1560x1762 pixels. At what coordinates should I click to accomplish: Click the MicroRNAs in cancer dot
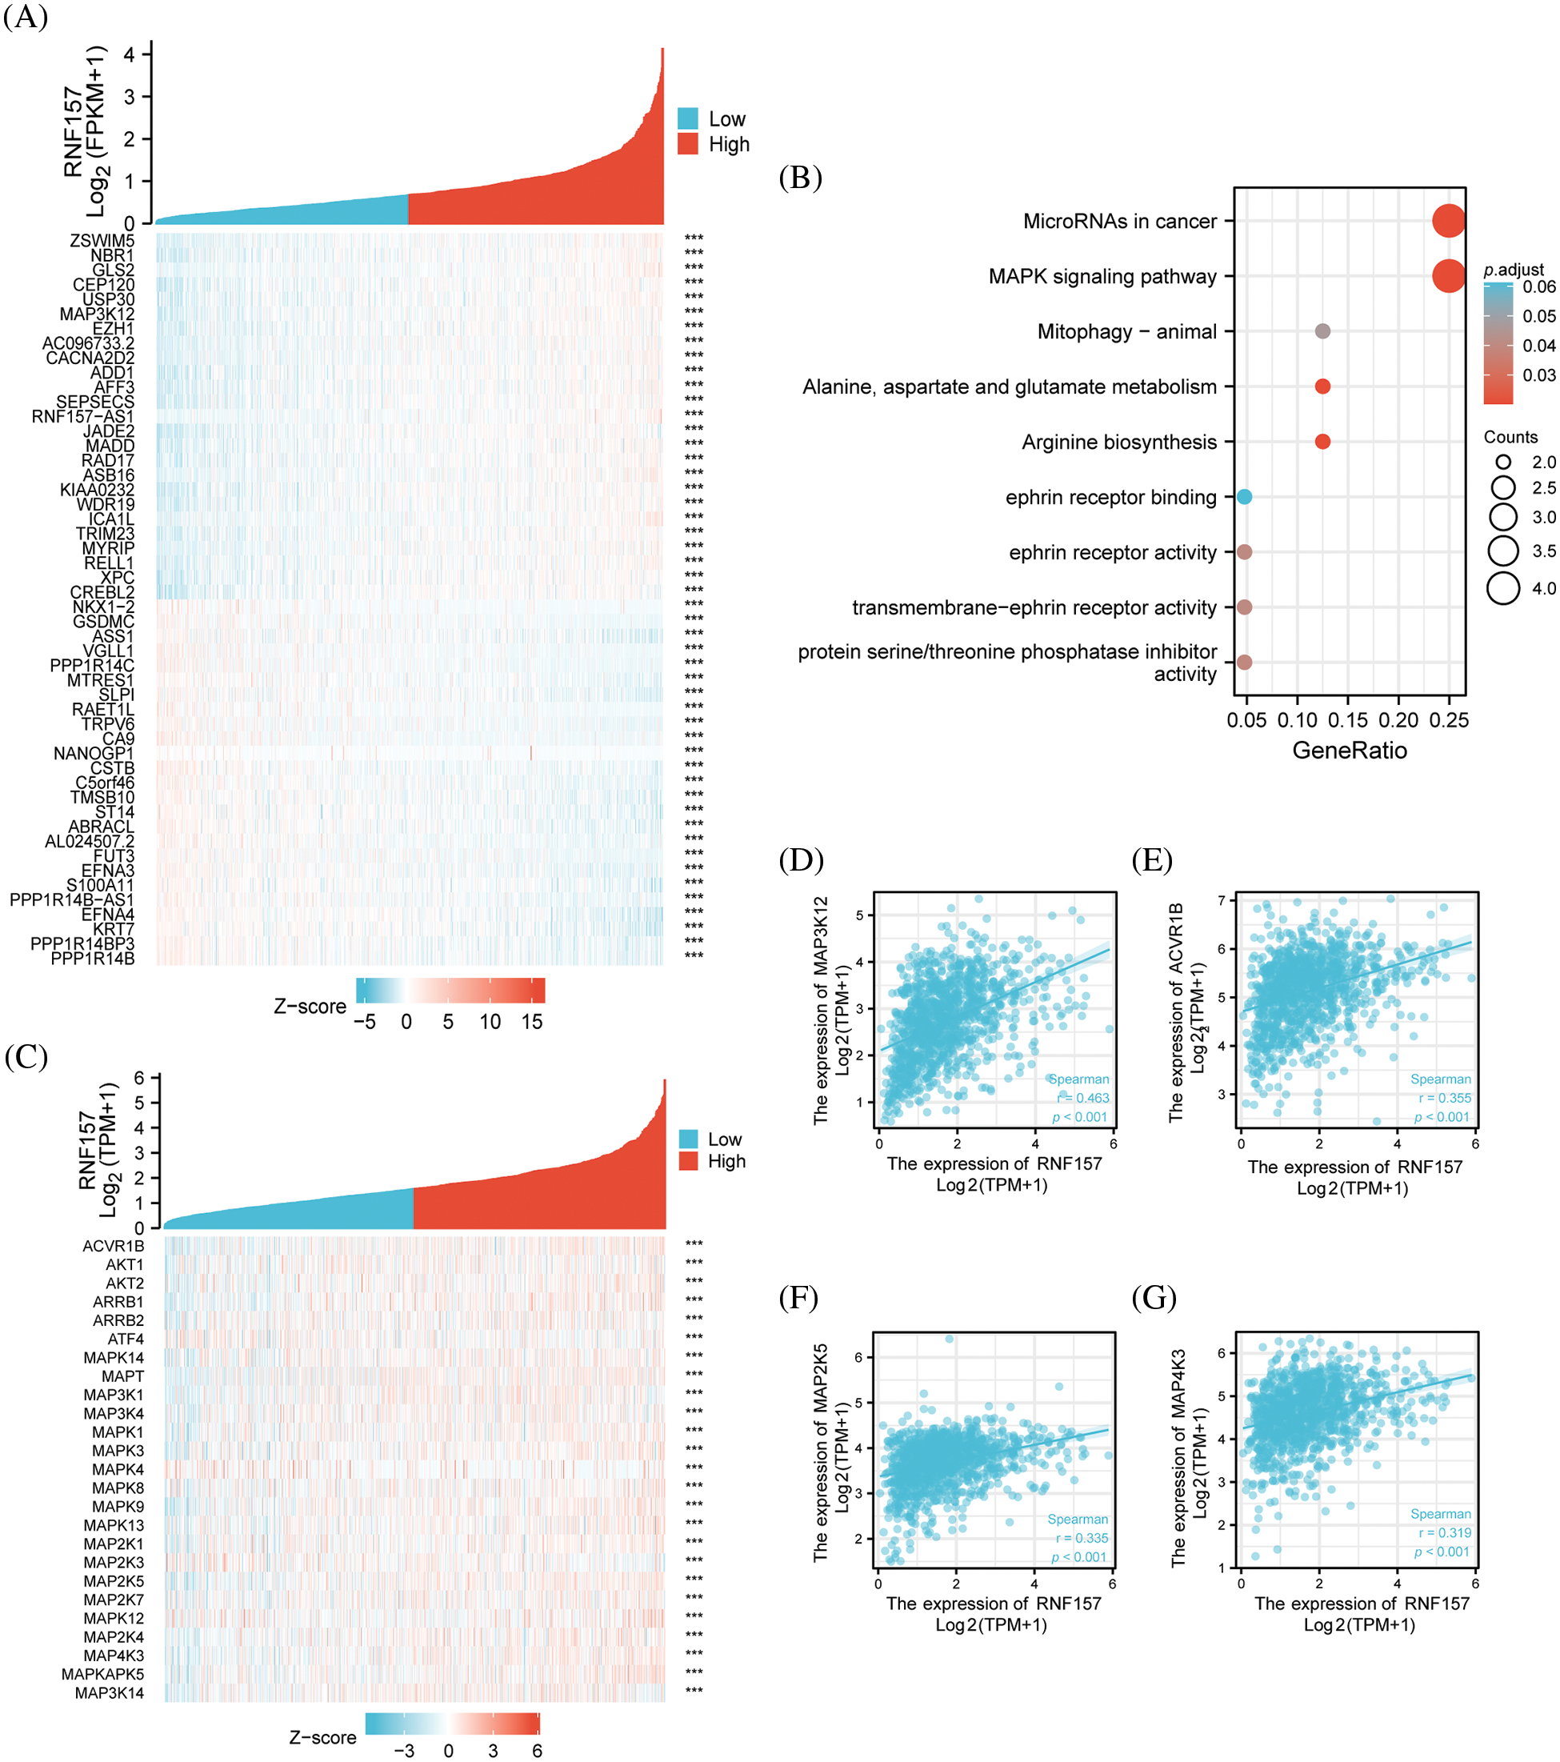(1448, 221)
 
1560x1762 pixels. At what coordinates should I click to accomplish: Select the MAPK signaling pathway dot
(1448, 276)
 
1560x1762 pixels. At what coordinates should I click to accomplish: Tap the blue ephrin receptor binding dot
(1244, 497)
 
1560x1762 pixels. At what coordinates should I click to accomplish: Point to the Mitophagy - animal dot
(1322, 331)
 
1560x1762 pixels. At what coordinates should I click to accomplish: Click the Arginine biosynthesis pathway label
(1118, 443)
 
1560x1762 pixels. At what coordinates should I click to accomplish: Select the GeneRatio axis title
(1349, 750)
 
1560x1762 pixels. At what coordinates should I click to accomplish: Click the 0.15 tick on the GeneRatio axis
(1348, 720)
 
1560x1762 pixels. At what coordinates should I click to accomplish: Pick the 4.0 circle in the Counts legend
(1503, 588)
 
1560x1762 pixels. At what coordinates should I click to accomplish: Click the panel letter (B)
(800, 178)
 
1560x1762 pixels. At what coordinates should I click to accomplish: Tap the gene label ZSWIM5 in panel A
(102, 241)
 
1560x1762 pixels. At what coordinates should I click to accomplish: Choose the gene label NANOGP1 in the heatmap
(94, 754)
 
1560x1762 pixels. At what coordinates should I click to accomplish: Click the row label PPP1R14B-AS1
(71, 900)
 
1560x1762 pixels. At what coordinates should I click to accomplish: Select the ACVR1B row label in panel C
(113, 1246)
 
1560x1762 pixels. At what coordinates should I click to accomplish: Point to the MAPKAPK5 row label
(102, 1674)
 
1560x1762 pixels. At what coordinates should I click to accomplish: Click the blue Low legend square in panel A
(688, 118)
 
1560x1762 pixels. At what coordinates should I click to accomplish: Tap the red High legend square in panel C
(688, 1161)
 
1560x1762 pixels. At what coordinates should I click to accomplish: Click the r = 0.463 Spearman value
(1083, 1097)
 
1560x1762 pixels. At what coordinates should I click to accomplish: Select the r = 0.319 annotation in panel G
(1446, 1532)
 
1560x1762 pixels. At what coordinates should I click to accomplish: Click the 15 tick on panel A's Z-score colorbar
(532, 1022)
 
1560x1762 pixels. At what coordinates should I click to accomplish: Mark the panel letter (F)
(798, 1297)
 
